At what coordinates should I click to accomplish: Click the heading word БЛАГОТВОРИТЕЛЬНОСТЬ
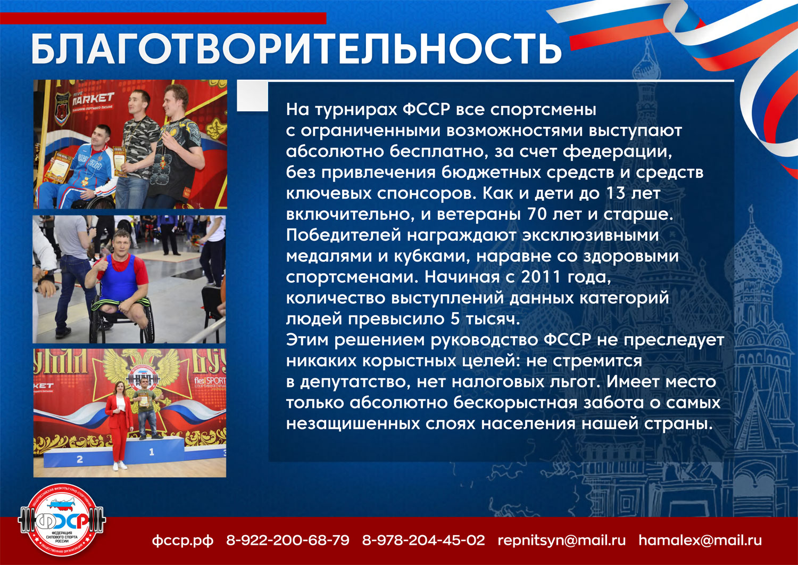click(x=296, y=49)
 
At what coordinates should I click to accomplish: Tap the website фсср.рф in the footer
click(x=183, y=541)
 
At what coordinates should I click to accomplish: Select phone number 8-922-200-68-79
click(x=288, y=540)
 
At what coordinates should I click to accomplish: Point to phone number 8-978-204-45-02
click(x=423, y=540)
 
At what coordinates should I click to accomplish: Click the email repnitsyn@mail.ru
click(x=562, y=541)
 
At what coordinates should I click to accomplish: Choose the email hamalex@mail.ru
click(x=701, y=540)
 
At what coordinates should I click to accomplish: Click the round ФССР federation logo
click(x=62, y=521)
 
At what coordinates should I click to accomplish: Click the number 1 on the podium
click(x=152, y=452)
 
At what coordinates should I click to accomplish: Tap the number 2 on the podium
click(x=80, y=459)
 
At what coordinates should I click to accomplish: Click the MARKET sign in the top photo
click(x=93, y=98)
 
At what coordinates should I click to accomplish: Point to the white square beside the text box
click(x=252, y=96)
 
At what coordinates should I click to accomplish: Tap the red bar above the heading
click(x=163, y=18)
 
